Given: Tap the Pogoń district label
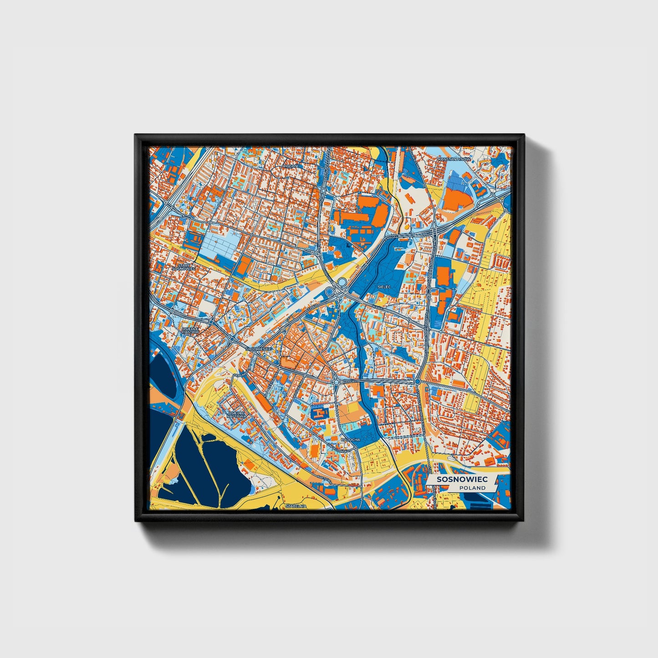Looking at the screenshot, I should pos(290,166).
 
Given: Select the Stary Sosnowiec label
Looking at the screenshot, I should pos(184,267).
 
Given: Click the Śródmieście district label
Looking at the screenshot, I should pos(259,349).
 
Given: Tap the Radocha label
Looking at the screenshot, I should pos(351,440).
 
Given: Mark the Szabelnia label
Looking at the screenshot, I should pos(296,506).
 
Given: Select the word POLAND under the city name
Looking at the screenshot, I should pos(472,488).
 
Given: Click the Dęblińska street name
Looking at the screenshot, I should pos(241,374).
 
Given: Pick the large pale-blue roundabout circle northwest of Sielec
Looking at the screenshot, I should pos(342,282).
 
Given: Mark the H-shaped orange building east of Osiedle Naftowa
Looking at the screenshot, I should pos(321,413).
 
